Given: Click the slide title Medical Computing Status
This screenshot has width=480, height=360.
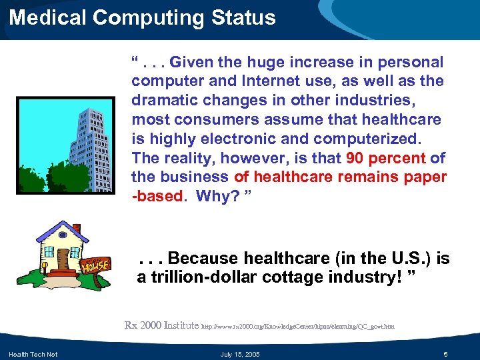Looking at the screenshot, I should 142,17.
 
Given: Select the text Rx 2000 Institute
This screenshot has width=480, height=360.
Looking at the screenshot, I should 161,325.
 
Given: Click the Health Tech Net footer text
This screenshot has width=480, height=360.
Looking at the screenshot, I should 33,353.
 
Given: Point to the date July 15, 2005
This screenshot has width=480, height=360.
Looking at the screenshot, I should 240,353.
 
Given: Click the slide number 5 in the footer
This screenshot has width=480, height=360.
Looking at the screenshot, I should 446,353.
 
